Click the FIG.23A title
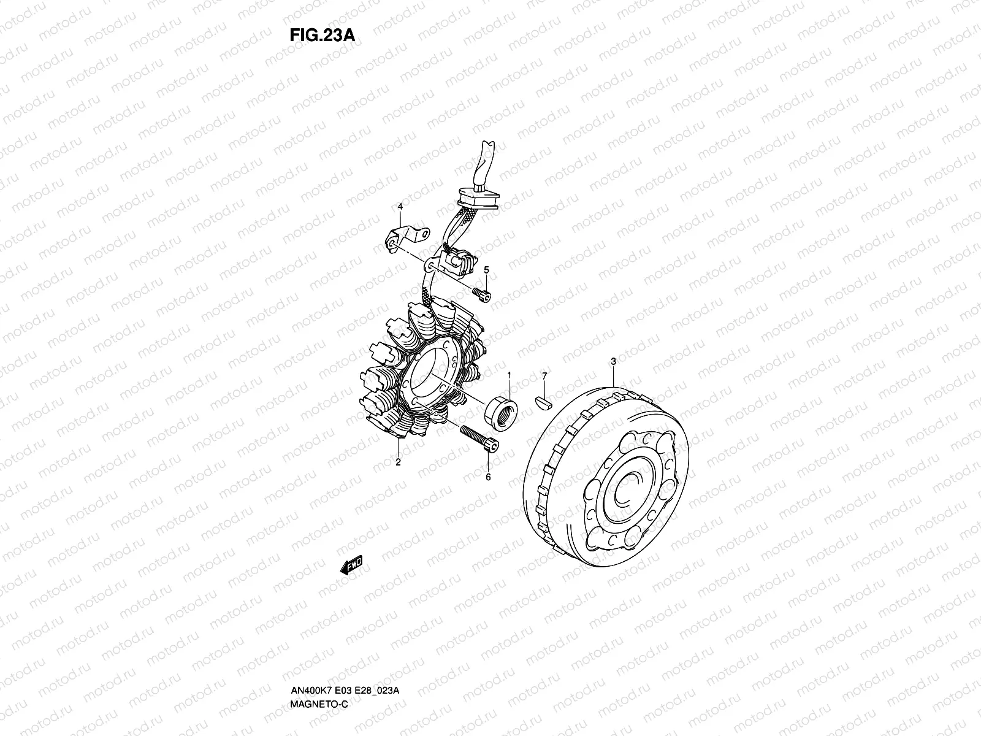point(323,35)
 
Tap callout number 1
point(509,375)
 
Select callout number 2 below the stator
point(398,462)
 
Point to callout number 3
point(613,361)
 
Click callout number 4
point(400,207)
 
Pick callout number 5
point(486,270)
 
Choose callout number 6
point(488,477)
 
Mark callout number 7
point(544,376)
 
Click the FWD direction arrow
point(351,565)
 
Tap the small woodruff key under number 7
point(543,402)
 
